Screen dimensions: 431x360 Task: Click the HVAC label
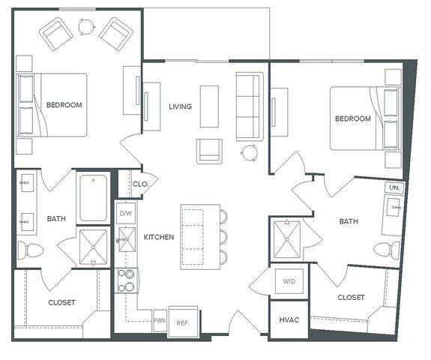[x=289, y=319]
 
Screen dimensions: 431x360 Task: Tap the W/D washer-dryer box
[x=289, y=281]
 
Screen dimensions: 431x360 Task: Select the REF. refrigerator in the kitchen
[x=183, y=322]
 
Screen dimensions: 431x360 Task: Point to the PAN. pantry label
[x=160, y=320]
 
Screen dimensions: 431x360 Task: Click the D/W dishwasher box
[x=126, y=213]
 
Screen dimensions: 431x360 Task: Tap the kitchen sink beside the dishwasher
[x=127, y=239]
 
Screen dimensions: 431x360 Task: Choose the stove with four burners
[x=126, y=280]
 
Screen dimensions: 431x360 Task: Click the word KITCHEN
[x=159, y=237]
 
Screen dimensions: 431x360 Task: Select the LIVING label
[x=181, y=106]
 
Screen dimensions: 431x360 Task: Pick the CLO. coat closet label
[x=140, y=184]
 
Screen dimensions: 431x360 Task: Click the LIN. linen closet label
[x=394, y=188]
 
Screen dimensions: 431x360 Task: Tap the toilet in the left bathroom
[x=31, y=250]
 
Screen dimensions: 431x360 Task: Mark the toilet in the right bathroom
[x=387, y=250]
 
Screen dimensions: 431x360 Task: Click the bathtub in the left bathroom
[x=93, y=198]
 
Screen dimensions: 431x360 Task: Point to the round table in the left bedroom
[x=87, y=27]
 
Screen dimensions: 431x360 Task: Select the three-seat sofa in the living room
[x=250, y=106]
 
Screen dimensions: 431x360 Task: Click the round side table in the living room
[x=250, y=153]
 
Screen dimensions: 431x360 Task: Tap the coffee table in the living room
[x=209, y=106]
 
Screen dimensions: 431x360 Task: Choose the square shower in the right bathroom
[x=287, y=239]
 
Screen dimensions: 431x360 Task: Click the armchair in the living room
[x=209, y=151]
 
